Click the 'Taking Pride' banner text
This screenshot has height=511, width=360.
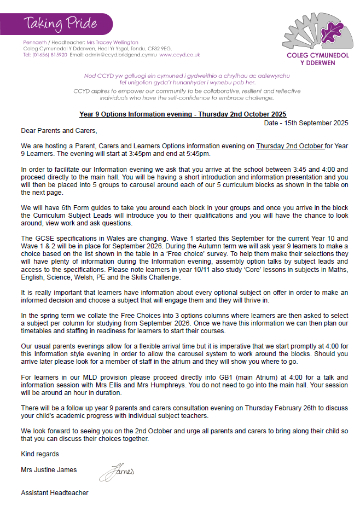point(60,24)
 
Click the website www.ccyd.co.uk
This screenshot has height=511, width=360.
point(179,55)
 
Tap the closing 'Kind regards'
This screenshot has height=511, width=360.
point(40,454)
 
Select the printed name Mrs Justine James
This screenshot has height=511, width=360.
point(49,469)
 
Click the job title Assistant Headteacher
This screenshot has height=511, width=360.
point(54,493)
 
